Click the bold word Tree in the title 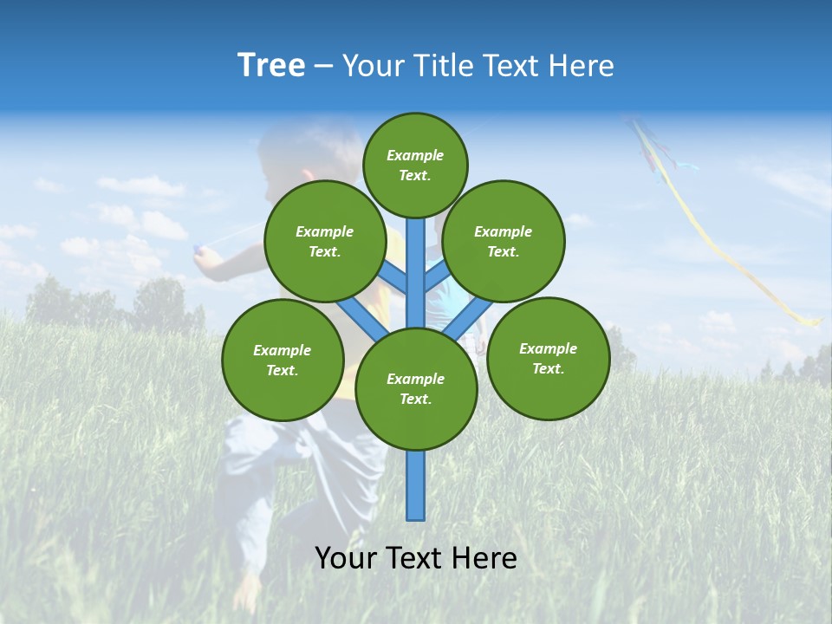(271, 65)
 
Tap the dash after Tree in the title (323, 67)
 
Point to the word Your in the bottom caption (346, 558)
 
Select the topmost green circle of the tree (415, 165)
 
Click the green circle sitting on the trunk (416, 389)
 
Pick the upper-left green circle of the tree (324, 241)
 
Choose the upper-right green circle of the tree (504, 241)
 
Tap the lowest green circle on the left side (283, 360)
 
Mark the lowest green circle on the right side (548, 358)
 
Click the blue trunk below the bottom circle (416, 485)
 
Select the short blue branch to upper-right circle (437, 278)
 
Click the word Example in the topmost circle (415, 155)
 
